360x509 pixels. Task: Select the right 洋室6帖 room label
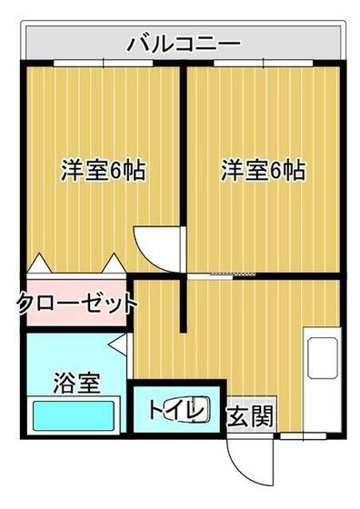pyautogui.click(x=264, y=170)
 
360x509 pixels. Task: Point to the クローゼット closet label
pyautogui.click(x=76, y=303)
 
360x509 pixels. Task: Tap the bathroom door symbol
pyautogui.click(x=118, y=344)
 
